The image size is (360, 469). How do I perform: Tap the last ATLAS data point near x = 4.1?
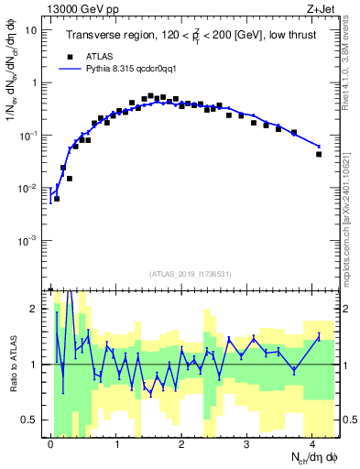pos(319,154)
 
